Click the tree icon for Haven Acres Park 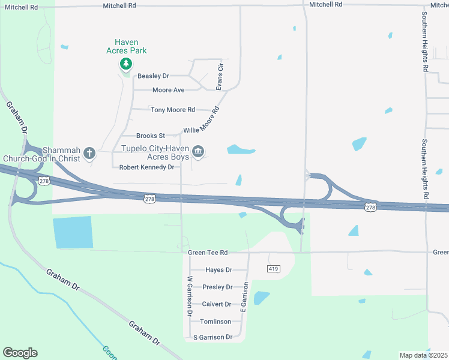pyautogui.click(x=126, y=64)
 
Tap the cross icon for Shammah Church pyautogui.click(x=89, y=152)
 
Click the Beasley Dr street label pyautogui.click(x=154, y=76)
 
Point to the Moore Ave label pyautogui.click(x=168, y=90)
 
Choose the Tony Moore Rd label pyautogui.click(x=173, y=110)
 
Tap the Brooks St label pyautogui.click(x=151, y=136)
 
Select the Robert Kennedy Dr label pyautogui.click(x=146, y=167)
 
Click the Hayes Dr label pyautogui.click(x=218, y=270)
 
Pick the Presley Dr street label pyautogui.click(x=217, y=287)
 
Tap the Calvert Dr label pyautogui.click(x=217, y=304)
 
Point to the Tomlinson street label pyautogui.click(x=215, y=322)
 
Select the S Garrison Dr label pyautogui.click(x=212, y=337)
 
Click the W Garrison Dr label pyautogui.click(x=189, y=296)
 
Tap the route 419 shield pyautogui.click(x=273, y=269)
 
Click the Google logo pyautogui.click(x=20, y=353)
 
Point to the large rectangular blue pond pyautogui.click(x=73, y=232)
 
